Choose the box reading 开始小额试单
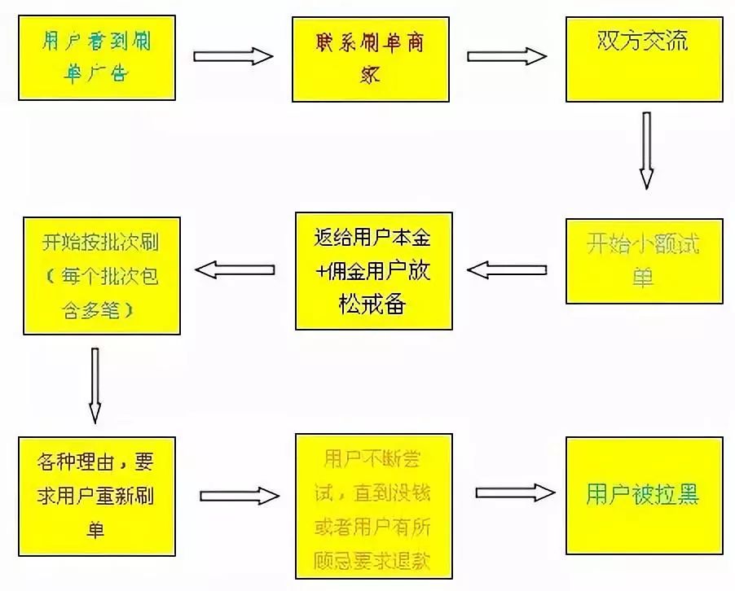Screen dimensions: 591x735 [x=644, y=261]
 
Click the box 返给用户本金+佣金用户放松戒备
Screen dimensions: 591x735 [x=373, y=270]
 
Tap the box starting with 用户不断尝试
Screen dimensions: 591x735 [x=373, y=506]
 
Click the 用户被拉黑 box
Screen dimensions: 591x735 [x=644, y=496]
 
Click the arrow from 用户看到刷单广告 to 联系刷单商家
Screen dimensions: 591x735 [x=233, y=56]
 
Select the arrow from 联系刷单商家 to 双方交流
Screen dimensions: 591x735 [x=507, y=56]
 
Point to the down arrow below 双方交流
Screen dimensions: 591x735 [x=646, y=151]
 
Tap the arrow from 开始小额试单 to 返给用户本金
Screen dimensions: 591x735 [x=507, y=269]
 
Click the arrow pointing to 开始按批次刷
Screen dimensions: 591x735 [x=233, y=269]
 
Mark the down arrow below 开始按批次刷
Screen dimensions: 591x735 [x=95, y=385]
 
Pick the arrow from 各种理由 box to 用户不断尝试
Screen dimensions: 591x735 [x=240, y=495]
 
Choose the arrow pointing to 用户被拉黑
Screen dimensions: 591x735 [x=515, y=493]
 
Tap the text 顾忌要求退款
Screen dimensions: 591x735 [x=372, y=561]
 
